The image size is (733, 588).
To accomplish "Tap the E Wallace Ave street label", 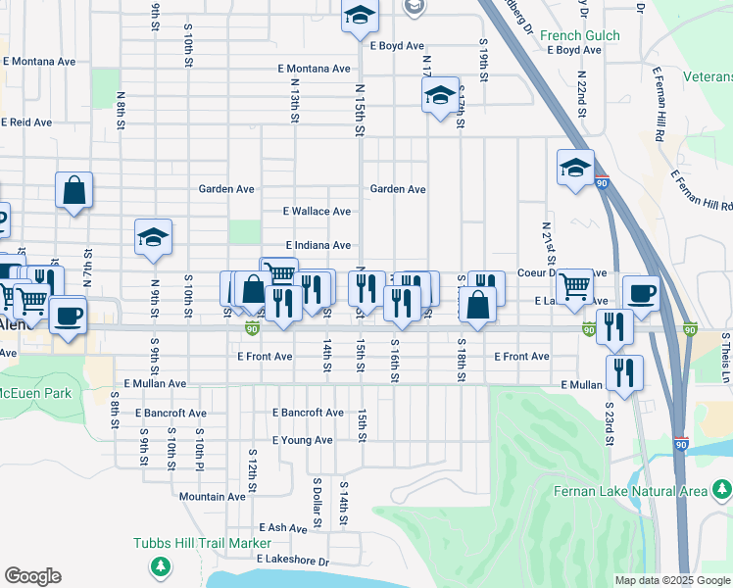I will point(317,212).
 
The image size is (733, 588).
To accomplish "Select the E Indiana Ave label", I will point(318,245).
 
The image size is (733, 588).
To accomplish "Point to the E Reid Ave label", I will point(26,122).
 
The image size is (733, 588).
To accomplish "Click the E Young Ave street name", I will point(303,441).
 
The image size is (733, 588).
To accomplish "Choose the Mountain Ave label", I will point(213,497).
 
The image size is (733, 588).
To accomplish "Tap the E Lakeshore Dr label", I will point(293,561).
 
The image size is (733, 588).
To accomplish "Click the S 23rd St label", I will point(609,422).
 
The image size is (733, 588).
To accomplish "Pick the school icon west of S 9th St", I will point(153,236).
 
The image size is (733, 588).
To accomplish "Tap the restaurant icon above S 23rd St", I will point(623,371).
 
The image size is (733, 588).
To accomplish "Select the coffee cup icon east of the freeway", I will point(641,293).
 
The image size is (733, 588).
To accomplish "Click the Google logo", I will point(33,576).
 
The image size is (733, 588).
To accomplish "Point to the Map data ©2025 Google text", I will point(671,580).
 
